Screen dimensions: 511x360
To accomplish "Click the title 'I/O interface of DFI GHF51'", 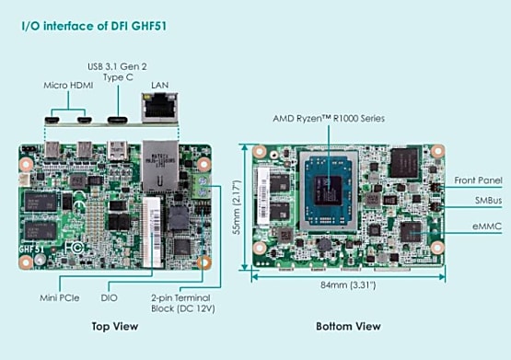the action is [x=94, y=26].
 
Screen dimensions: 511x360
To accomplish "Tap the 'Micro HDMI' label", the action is [x=68, y=86].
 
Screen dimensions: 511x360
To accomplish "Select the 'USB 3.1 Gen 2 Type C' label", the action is [x=117, y=72].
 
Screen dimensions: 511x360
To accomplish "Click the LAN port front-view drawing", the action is [x=159, y=108].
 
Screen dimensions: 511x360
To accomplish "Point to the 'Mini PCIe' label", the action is [x=60, y=297].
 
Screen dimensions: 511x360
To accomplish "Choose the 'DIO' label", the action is [x=110, y=297].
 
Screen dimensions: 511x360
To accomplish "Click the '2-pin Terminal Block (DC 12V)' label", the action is [x=183, y=303].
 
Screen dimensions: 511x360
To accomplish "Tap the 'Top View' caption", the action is [x=115, y=326].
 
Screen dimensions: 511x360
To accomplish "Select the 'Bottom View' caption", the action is [x=348, y=326].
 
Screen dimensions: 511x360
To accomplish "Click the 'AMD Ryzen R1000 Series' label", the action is [x=329, y=118].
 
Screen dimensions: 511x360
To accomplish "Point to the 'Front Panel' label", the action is [x=479, y=180].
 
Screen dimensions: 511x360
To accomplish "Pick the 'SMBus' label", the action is [x=488, y=201].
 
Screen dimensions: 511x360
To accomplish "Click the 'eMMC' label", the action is [x=487, y=226].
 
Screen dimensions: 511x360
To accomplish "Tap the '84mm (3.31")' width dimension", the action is [x=348, y=285].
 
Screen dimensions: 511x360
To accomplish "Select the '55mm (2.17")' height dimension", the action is [x=237, y=207].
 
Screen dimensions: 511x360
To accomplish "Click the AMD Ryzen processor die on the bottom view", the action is [x=328, y=191].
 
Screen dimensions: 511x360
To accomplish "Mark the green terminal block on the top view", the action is [x=202, y=186].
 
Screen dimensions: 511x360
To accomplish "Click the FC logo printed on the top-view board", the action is [x=74, y=249].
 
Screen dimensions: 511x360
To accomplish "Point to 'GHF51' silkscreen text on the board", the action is [x=31, y=250].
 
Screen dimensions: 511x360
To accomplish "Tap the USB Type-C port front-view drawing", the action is [x=118, y=120].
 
